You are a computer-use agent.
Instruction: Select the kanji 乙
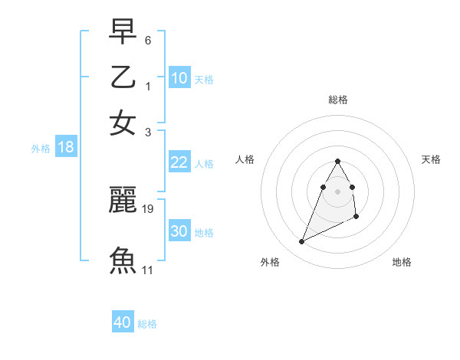pyautogui.click(x=123, y=77)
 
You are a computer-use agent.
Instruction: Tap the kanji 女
pyautogui.click(x=123, y=123)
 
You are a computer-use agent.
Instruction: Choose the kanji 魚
pyautogui.click(x=123, y=259)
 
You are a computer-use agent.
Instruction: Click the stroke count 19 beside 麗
pyautogui.click(x=148, y=208)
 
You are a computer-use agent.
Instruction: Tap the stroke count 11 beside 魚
pyautogui.click(x=148, y=270)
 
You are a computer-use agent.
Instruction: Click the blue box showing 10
pyautogui.click(x=179, y=77)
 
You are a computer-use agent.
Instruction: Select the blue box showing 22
pyautogui.click(x=179, y=162)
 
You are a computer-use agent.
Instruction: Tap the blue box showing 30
pyautogui.click(x=179, y=231)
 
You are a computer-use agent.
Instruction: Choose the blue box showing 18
pyautogui.click(x=66, y=147)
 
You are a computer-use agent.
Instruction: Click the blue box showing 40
pyautogui.click(x=123, y=322)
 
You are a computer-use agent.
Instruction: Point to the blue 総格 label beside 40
pyautogui.click(x=147, y=324)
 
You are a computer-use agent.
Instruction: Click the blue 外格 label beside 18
pyautogui.click(x=41, y=149)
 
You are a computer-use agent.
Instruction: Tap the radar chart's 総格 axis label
pyautogui.click(x=337, y=100)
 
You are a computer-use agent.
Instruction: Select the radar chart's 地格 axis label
pyautogui.click(x=402, y=262)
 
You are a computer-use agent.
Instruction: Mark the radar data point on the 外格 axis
pyautogui.click(x=301, y=242)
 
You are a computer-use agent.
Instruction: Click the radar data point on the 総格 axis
pyautogui.click(x=337, y=161)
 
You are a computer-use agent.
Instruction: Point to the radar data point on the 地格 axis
pyautogui.click(x=357, y=217)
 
